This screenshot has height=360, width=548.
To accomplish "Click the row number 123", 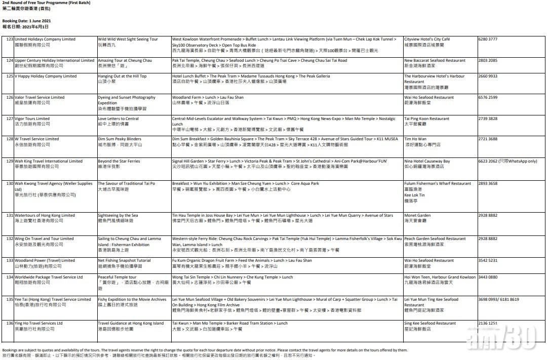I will click(10, 39).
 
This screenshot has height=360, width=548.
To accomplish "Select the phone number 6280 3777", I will click(488, 39).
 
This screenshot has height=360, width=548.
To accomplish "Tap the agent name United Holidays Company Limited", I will click(45, 39).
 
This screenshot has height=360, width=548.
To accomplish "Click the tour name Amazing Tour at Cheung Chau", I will click(125, 61).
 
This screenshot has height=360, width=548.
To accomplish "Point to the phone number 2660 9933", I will click(488, 76).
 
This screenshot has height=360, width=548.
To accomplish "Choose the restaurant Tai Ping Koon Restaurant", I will click(426, 119).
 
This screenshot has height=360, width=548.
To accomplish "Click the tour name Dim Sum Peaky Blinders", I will click(120, 139).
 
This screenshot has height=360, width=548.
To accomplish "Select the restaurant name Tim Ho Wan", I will click(415, 139).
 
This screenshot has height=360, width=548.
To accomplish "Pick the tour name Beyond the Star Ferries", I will click(119, 162).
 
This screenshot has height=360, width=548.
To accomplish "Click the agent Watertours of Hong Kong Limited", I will click(45, 216).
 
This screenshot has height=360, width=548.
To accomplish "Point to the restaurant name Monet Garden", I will click(417, 216).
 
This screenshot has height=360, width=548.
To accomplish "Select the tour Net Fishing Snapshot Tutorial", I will click(124, 261).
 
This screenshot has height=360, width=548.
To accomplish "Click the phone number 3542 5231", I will click(488, 261).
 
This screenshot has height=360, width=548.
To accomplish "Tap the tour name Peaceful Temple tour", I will click(117, 277).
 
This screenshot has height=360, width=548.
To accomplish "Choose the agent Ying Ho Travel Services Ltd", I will click(38, 323).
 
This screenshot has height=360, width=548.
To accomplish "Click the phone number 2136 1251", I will click(488, 323).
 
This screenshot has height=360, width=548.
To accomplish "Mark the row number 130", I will click(10, 184).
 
